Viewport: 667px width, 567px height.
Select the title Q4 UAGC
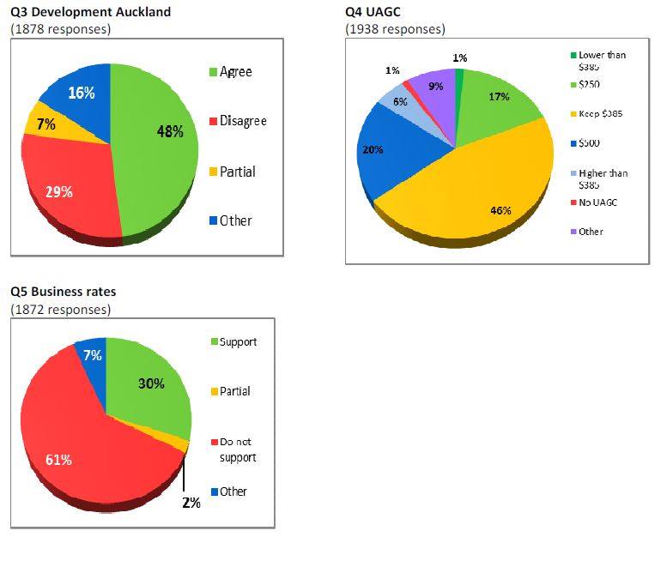pos(373,12)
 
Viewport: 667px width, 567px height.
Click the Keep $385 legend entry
pos(600,113)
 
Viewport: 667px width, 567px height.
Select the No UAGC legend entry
pos(597,202)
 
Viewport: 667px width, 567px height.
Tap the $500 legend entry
pos(590,143)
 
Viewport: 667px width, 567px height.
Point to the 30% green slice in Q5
pos(150,386)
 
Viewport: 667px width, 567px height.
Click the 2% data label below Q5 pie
pos(191,503)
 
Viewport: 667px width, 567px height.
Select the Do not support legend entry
pos(237,449)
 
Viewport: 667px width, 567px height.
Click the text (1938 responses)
pos(395,29)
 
